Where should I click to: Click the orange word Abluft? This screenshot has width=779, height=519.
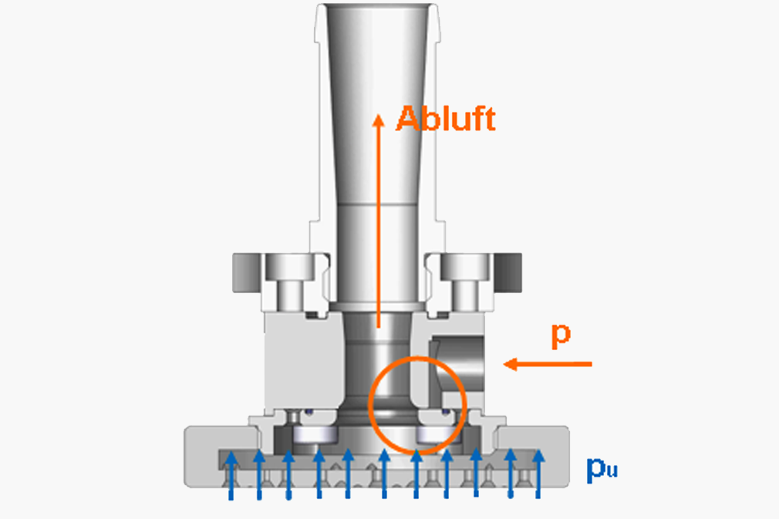click(446, 119)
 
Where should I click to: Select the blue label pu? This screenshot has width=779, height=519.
click(602, 468)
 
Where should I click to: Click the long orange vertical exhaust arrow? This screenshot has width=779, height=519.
click(379, 221)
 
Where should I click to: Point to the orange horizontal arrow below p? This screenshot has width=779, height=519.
click(548, 364)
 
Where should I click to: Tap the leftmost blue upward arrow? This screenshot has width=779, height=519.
click(231, 475)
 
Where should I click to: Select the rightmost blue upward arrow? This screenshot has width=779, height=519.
click(538, 474)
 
